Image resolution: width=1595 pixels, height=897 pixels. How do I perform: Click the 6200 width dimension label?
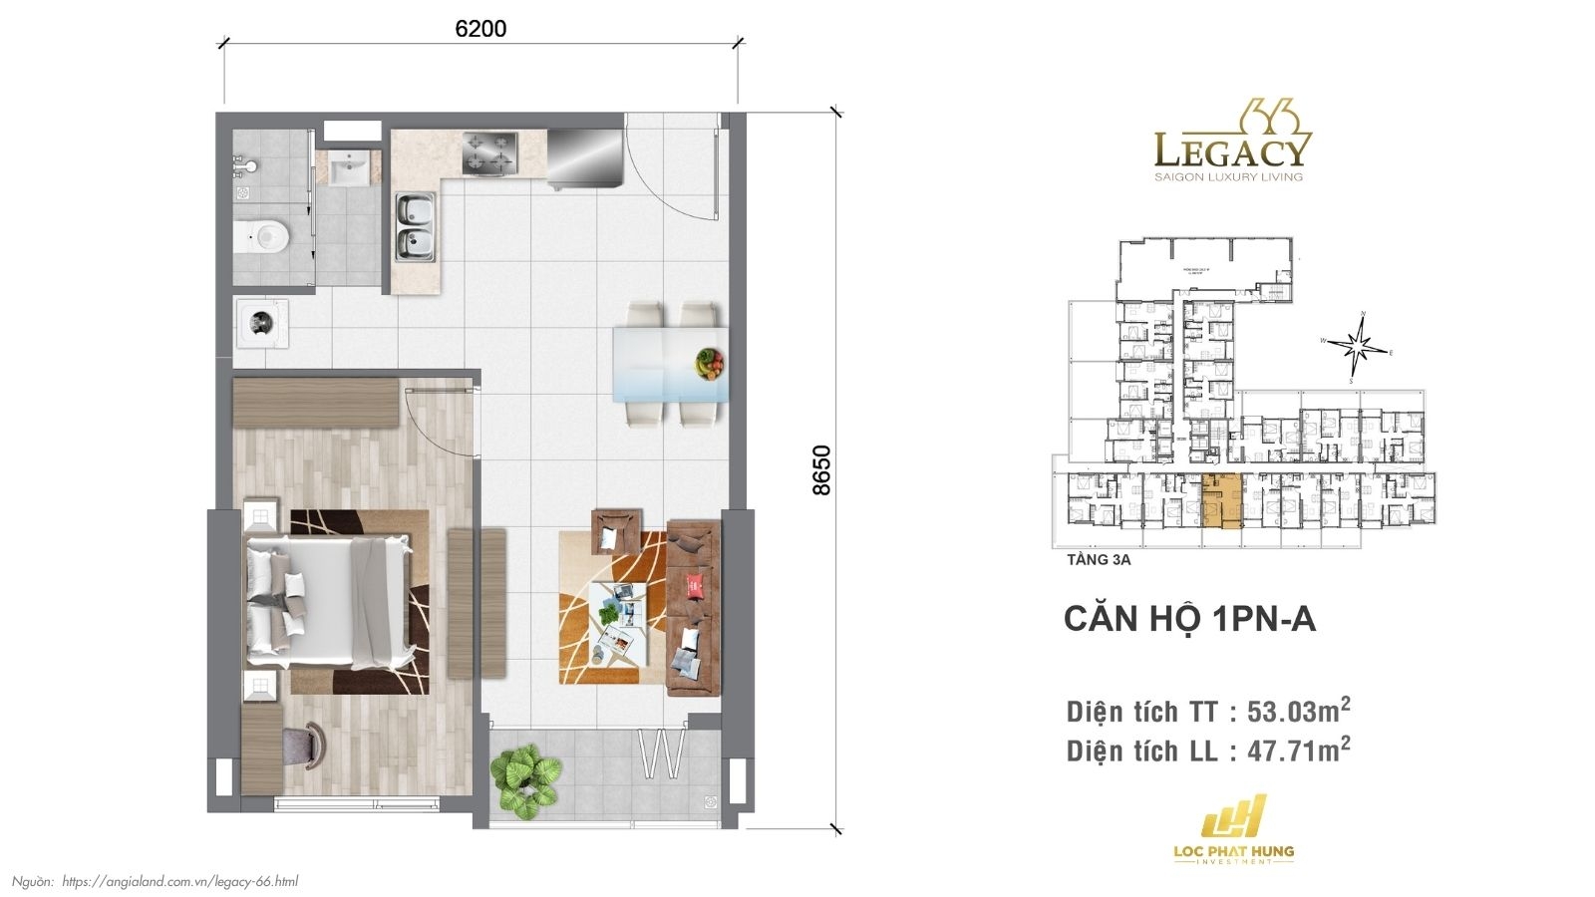(480, 29)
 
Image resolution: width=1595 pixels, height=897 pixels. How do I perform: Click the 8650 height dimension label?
(820, 469)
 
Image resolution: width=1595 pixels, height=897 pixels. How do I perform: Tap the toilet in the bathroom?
(262, 236)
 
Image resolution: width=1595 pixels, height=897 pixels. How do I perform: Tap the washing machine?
(262, 323)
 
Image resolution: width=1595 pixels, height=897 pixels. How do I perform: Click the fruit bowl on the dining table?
(710, 363)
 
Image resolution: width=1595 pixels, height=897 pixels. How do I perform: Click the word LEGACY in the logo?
(1231, 150)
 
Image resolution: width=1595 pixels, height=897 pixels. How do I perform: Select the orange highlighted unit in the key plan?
(1222, 501)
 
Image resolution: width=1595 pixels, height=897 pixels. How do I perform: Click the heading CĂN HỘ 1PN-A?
(1189, 619)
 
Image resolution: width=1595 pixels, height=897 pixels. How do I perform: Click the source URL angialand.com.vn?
(179, 881)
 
